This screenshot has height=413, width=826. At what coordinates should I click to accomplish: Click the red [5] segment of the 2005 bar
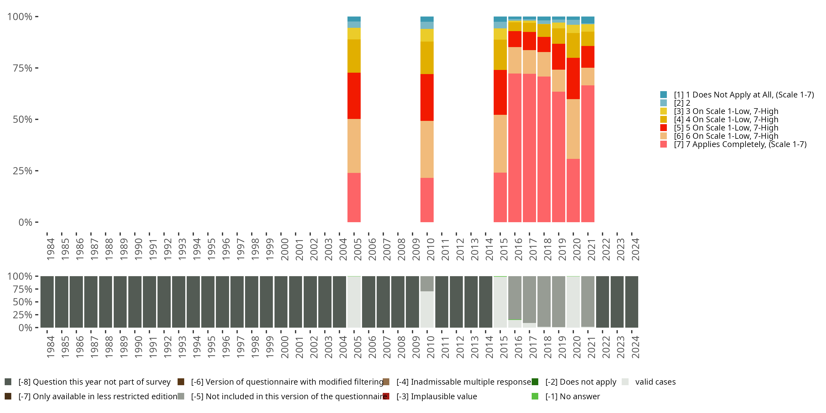354,96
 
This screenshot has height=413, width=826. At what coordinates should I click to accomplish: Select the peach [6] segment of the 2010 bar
427,149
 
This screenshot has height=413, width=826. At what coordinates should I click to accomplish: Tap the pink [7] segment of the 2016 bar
515,148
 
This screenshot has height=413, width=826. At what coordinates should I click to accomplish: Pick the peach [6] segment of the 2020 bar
573,129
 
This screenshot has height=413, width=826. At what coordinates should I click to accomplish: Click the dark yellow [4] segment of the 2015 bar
500,55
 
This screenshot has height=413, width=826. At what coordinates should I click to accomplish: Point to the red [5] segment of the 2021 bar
588,57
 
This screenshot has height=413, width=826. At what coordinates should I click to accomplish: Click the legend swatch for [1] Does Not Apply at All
664,95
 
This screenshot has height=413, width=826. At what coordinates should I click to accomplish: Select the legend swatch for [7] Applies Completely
664,144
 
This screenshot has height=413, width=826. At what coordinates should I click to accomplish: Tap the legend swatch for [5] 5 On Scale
664,128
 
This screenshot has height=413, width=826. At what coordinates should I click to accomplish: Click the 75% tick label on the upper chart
23,68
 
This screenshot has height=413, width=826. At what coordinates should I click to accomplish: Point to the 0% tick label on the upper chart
25,222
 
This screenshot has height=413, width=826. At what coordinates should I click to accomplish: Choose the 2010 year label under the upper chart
430,249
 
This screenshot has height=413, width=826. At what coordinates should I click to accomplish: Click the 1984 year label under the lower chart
50,347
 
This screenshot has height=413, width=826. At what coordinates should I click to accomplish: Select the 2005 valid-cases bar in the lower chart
354,302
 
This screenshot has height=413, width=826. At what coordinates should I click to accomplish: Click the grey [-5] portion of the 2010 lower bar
427,284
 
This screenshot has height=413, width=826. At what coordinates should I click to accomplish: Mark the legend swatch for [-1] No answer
535,396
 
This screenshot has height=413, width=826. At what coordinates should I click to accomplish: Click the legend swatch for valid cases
625,382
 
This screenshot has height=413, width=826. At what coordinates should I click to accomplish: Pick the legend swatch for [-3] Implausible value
386,396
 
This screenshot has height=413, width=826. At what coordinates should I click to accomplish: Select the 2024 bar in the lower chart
631,302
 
